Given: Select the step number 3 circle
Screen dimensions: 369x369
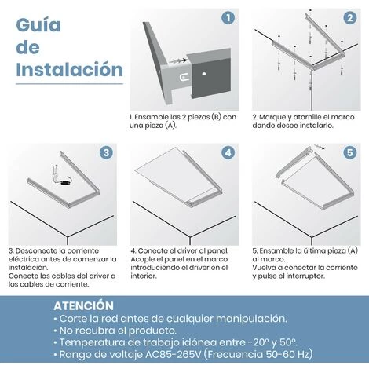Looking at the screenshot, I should point(105,152).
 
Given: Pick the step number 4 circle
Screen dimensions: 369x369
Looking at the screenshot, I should point(227,152).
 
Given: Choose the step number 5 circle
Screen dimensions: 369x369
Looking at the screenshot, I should point(349,152).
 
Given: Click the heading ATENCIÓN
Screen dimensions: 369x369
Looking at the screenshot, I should point(83,305).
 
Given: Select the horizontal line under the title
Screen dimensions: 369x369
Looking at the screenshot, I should point(69,83).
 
